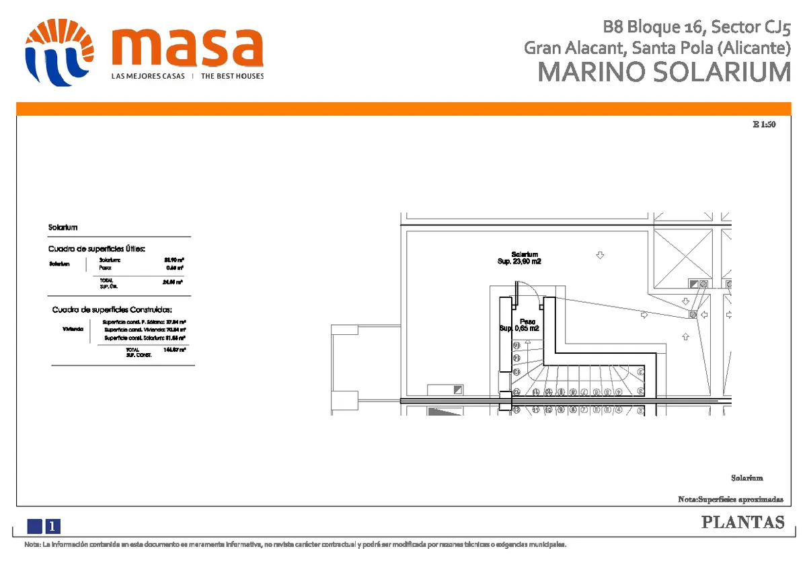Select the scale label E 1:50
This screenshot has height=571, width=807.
(764, 124)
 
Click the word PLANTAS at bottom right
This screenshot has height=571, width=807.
(743, 523)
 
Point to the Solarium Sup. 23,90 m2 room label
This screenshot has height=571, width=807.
(519, 258)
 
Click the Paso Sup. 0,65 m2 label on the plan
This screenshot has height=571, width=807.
(519, 325)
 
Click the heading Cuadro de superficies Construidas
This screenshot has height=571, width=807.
(112, 310)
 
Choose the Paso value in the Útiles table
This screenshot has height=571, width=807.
(178, 268)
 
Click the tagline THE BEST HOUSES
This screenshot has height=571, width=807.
(232, 76)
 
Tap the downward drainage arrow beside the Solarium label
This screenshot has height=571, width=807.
(600, 255)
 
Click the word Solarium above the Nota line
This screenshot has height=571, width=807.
(747, 478)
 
